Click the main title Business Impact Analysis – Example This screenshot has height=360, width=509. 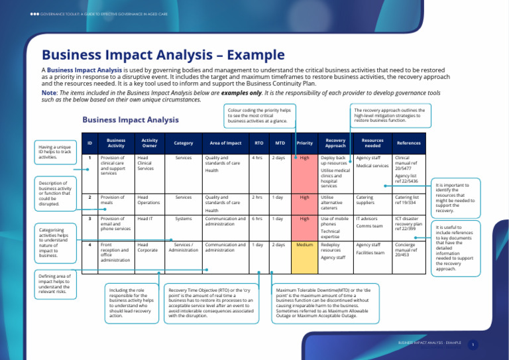click(163, 55)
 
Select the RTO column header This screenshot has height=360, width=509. click(258, 143)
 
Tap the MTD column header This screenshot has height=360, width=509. click(280, 143)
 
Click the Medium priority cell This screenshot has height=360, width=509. click(304, 245)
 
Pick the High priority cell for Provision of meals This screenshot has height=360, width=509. click(304, 197)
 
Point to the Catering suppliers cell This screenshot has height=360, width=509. click(365, 200)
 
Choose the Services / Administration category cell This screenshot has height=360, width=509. click(183, 247)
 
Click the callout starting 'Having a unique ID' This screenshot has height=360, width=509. click(54, 152)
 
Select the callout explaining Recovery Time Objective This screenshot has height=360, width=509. click(211, 303)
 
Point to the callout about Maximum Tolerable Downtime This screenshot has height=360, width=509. click(325, 303)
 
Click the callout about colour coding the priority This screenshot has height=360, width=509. click(259, 116)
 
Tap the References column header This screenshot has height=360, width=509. click(408, 143)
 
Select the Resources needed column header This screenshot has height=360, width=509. click(372, 143)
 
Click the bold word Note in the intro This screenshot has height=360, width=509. click(48, 93)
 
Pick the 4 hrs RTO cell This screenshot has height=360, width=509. click(257, 158)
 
